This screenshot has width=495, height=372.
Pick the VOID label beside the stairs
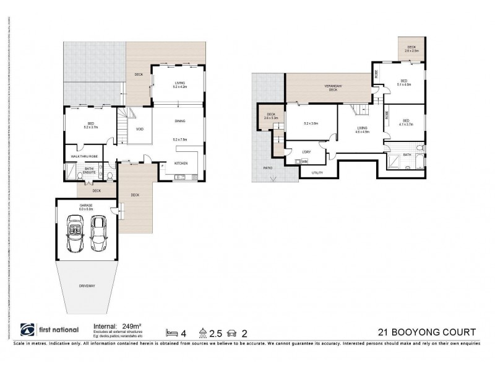pyautogui.click(x=140, y=129)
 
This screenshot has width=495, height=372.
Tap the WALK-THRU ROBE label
pyautogui.click(x=85, y=157)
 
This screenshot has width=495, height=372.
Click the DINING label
pyautogui.click(x=179, y=122)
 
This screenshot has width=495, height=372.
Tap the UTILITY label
pyautogui.click(x=317, y=173)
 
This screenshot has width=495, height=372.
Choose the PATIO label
pyautogui.click(x=268, y=167)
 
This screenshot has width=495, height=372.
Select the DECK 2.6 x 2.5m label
pyautogui.click(x=411, y=49)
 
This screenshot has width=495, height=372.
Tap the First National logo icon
pyautogui.click(x=28, y=330)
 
